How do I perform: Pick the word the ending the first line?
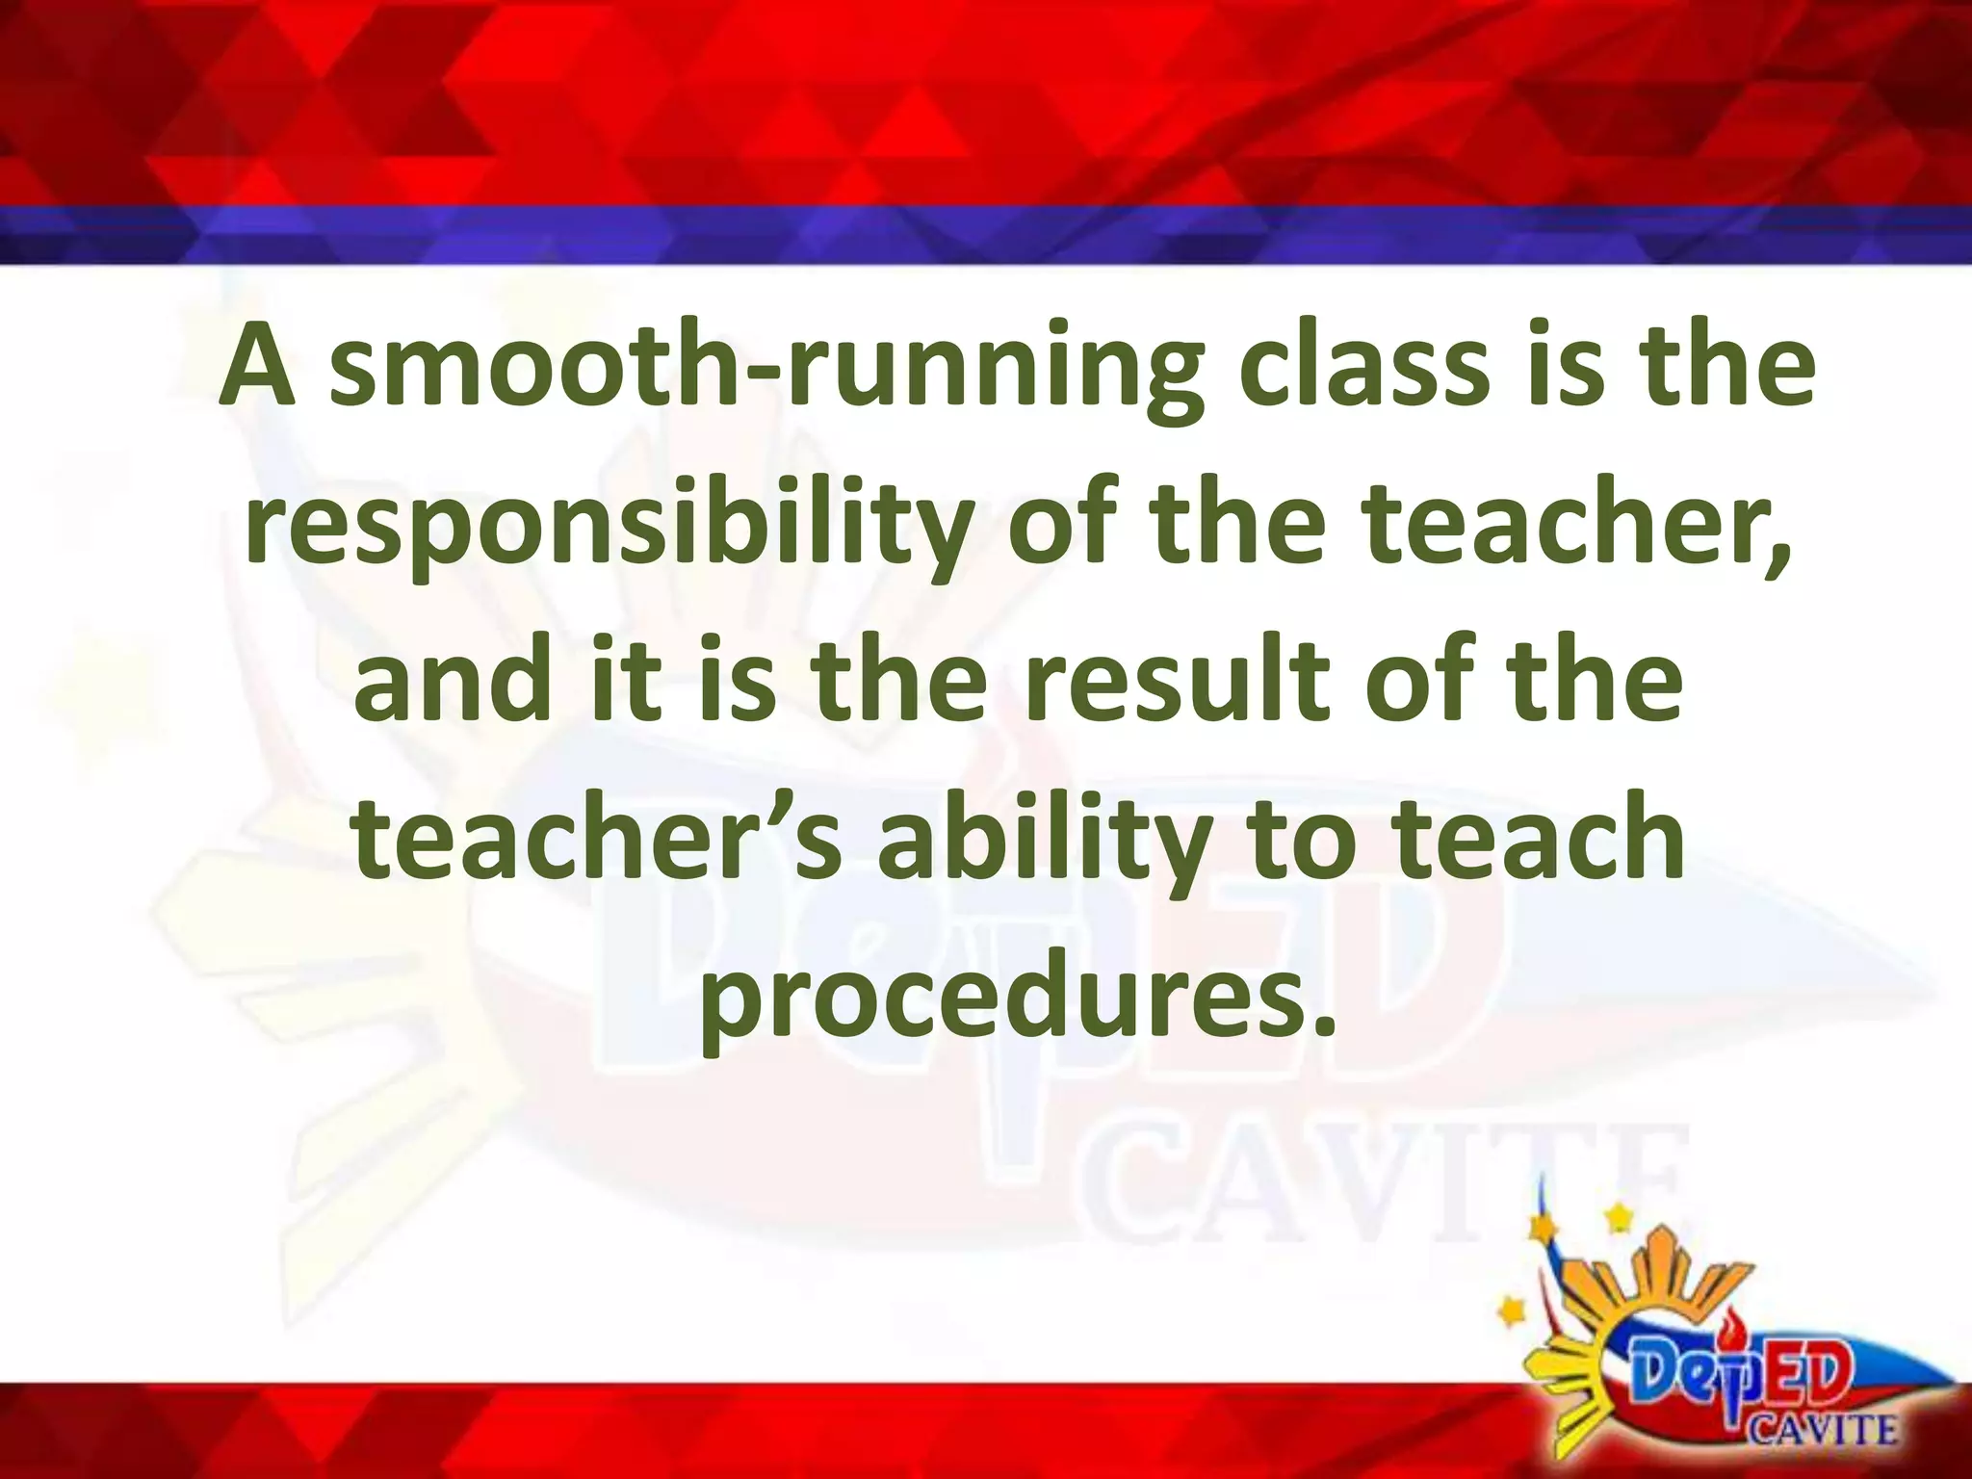click(1725, 370)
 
